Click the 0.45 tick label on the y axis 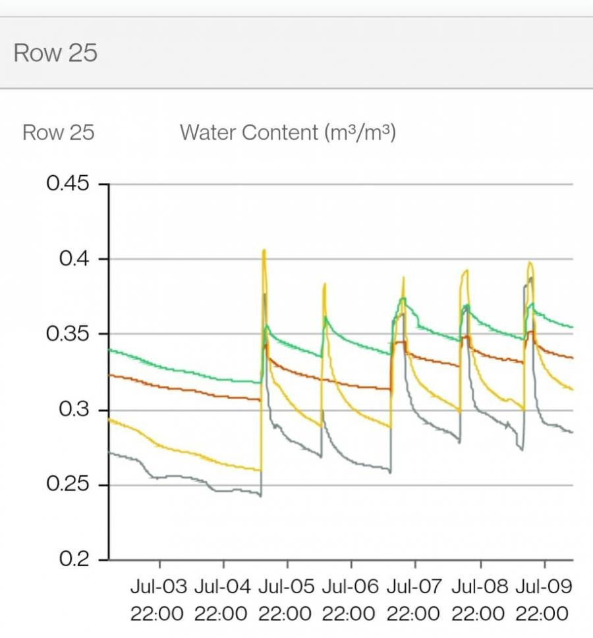click(x=67, y=183)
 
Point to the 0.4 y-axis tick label click(x=74, y=259)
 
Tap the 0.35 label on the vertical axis click(x=67, y=334)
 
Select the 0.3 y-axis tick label click(x=74, y=409)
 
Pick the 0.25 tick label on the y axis click(x=67, y=485)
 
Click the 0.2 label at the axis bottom click(x=74, y=559)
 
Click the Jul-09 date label click(x=542, y=586)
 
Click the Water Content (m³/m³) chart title click(x=287, y=132)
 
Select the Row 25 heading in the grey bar click(x=55, y=53)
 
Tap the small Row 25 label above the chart click(x=59, y=132)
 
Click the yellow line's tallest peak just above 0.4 click(x=264, y=250)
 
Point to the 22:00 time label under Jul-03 click(x=157, y=614)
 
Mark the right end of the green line click(x=572, y=327)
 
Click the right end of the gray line click(x=572, y=432)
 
